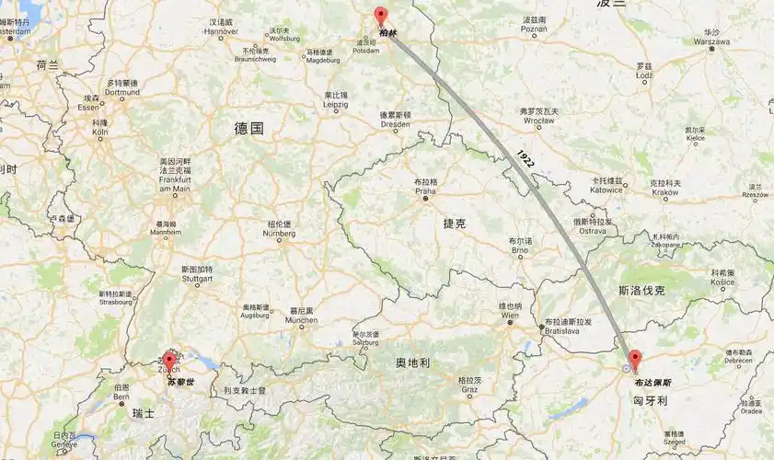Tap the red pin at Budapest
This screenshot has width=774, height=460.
tap(635, 360)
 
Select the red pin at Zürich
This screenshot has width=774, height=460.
tap(168, 361)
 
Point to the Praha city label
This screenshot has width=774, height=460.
tap(426, 190)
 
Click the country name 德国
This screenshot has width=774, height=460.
tap(248, 129)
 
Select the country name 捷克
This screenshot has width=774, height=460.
tap(455, 224)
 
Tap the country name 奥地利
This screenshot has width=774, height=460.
tap(412, 362)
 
